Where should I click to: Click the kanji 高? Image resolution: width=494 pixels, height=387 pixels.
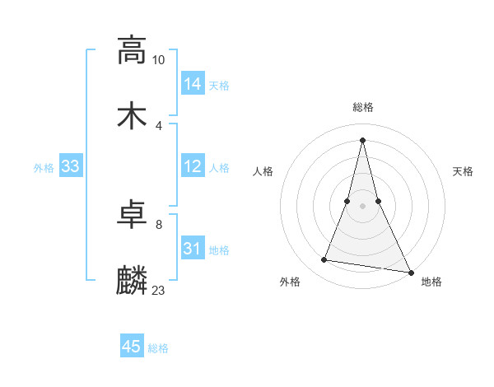[x=132, y=50]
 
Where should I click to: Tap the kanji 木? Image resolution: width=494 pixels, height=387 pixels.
[x=132, y=116]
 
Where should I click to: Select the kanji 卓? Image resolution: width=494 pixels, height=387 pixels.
[x=132, y=216]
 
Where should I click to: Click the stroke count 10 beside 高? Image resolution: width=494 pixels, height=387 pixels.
[x=159, y=60]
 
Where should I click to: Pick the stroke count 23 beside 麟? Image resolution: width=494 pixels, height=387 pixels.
[x=159, y=290]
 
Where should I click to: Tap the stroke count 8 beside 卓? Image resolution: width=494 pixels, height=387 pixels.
[x=159, y=224]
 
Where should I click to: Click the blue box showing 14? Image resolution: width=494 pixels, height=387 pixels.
[x=193, y=83]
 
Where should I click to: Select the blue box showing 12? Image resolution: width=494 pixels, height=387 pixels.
[x=193, y=166]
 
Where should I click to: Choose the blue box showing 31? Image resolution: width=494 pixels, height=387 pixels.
[x=193, y=249]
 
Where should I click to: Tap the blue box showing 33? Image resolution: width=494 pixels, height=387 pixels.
[x=71, y=166]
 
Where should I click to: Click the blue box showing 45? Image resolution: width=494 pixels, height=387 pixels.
[x=132, y=347]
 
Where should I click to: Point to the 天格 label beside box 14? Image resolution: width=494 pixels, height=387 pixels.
[x=219, y=85]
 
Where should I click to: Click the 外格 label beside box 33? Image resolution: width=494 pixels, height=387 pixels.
[x=44, y=168]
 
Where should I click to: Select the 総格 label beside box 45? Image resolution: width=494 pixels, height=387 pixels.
[x=158, y=348]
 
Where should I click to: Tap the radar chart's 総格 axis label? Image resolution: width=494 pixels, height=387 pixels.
[x=363, y=108]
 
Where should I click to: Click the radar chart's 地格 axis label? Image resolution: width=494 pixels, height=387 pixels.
[x=431, y=282]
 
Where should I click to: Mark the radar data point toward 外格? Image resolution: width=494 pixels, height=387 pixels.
[x=324, y=260]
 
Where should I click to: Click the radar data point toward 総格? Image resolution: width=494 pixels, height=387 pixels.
[x=362, y=139]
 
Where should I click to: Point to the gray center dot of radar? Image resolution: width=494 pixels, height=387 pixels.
[x=362, y=205]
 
